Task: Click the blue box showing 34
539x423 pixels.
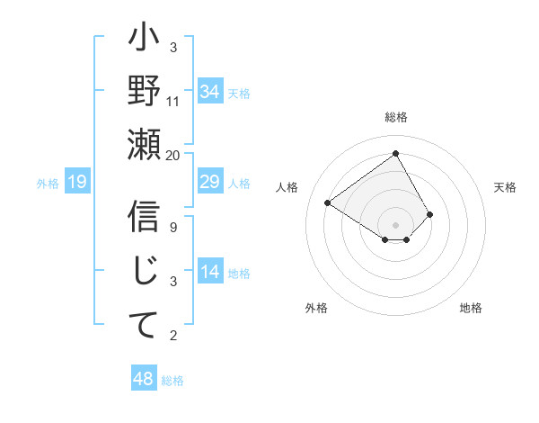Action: point(209,92)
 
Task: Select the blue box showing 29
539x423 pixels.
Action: point(209,183)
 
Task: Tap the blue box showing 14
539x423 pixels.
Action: point(209,273)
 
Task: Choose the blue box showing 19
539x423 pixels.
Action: point(77,183)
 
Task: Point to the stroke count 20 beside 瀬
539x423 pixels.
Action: point(173,155)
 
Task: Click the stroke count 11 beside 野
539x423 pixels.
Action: point(173,101)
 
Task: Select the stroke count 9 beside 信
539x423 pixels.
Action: point(173,228)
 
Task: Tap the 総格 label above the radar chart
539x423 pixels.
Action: point(395,117)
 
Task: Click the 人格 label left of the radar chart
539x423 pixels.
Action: point(287,187)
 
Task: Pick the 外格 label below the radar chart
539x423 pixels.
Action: point(316,308)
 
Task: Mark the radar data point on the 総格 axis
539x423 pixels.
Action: point(395,153)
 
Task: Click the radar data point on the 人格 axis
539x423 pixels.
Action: point(328,203)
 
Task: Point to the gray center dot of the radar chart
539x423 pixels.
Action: point(395,224)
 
